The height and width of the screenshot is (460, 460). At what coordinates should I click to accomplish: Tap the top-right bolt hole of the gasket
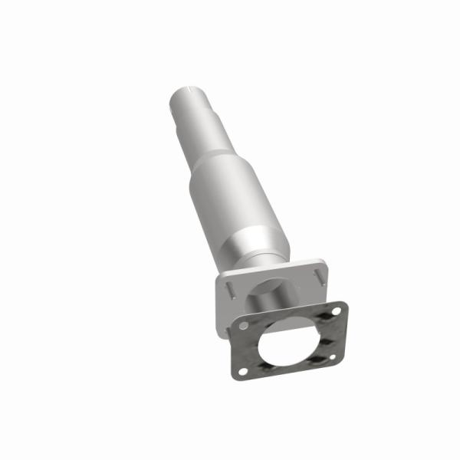tap(336, 311)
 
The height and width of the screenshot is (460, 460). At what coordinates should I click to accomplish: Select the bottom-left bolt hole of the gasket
tap(243, 371)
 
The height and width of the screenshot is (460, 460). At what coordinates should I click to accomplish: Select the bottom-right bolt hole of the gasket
tap(333, 357)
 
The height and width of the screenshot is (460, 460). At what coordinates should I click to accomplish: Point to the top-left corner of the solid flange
tap(220, 278)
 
